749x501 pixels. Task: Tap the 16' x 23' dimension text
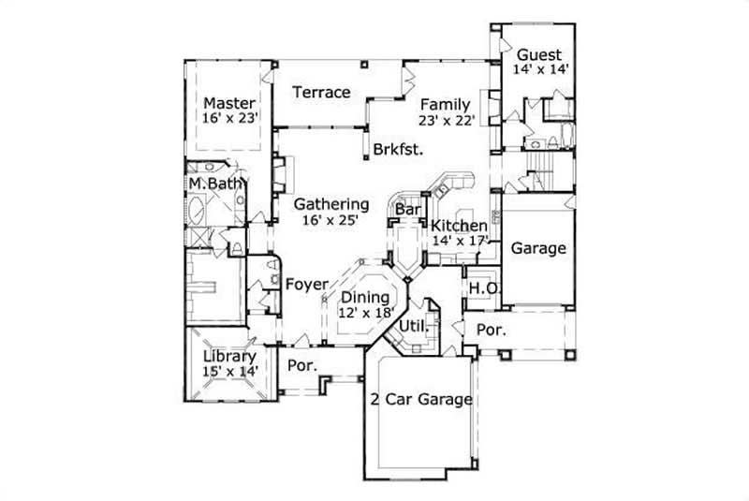230,118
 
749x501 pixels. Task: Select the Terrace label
321,92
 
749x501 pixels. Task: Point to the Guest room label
539,54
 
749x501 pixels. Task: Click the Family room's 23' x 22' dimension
448,119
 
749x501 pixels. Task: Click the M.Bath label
214,183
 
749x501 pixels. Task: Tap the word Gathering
331,204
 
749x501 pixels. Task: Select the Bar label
407,211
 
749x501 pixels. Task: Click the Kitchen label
458,226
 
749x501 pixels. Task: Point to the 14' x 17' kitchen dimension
459,241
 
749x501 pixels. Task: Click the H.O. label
482,287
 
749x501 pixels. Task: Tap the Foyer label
306,284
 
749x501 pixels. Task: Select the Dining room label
365,299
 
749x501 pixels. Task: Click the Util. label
413,326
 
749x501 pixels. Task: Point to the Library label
229,357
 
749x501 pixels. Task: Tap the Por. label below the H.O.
491,330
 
